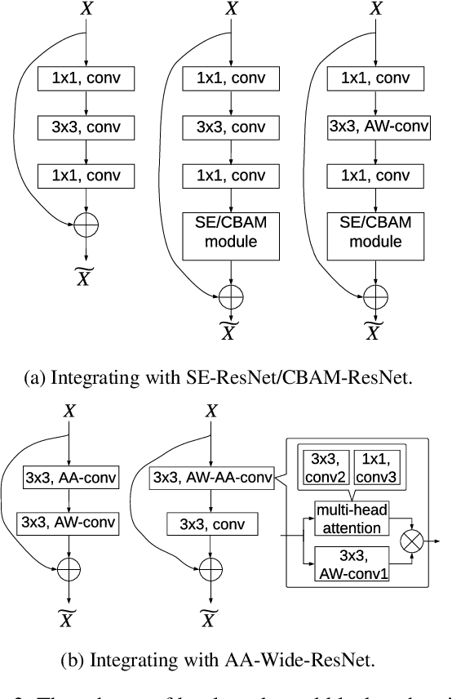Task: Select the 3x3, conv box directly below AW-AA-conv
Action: (211, 522)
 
